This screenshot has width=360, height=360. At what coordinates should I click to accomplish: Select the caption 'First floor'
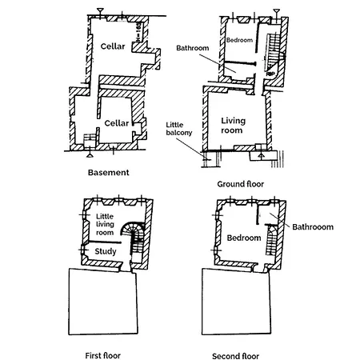pos(102,353)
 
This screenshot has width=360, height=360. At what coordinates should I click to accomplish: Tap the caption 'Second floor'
pos(237,353)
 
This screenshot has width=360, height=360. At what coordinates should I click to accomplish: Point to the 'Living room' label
pos(233,126)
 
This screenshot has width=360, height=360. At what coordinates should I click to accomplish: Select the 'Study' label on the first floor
pos(106,251)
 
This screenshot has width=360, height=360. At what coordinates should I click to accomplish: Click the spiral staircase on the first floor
pos(132,233)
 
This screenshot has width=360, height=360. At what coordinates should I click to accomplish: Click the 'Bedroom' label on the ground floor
pos(238,40)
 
